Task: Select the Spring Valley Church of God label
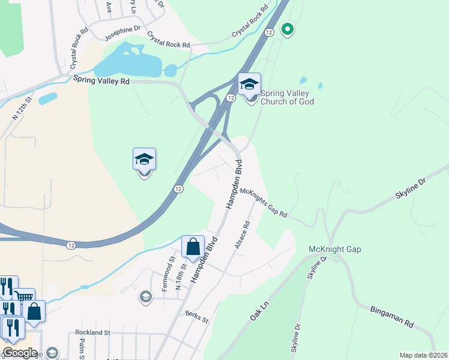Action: pyautogui.click(x=287, y=97)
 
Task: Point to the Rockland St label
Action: pyautogui.click(x=93, y=332)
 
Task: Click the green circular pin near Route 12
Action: pyautogui.click(x=288, y=28)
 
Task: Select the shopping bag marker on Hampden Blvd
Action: pyautogui.click(x=193, y=247)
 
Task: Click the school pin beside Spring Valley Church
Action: pyautogui.click(x=249, y=85)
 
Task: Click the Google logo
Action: pyautogui.click(x=20, y=353)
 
